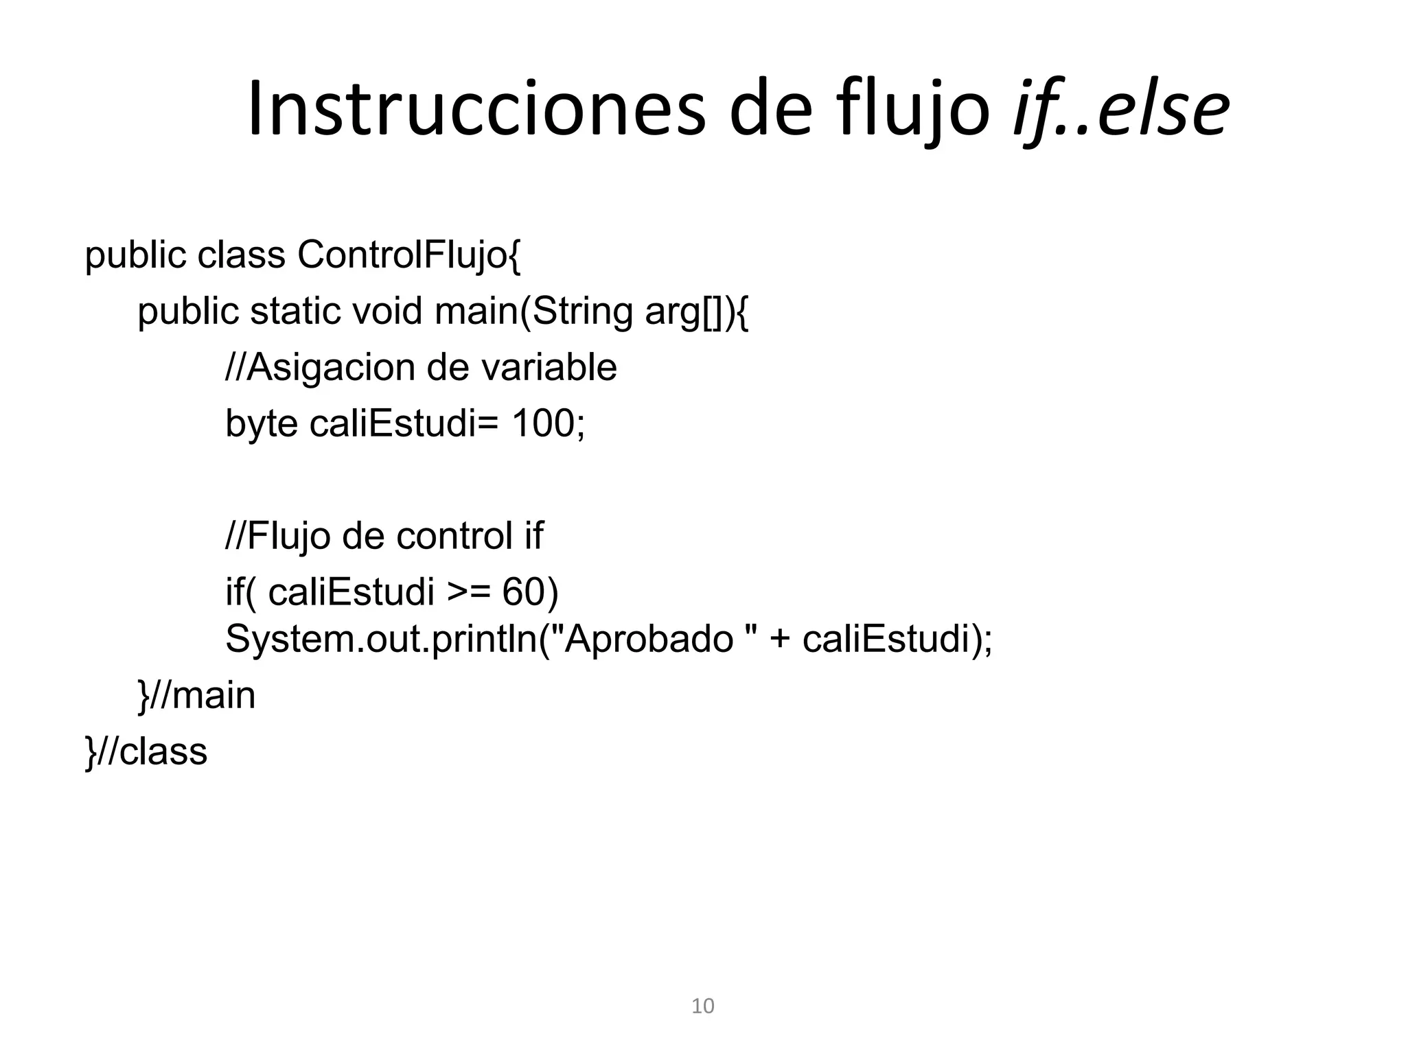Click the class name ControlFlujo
pyautogui.click(x=409, y=255)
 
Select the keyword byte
pyautogui.click(x=262, y=424)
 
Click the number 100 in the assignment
pyautogui.click(x=543, y=423)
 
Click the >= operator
pyautogui.click(x=469, y=592)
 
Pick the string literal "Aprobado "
pyautogui.click(x=649, y=639)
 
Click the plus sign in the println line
pyautogui.click(x=779, y=640)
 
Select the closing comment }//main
pyautogui.click(x=196, y=696)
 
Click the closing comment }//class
pyautogui.click(x=146, y=751)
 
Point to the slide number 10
pyautogui.click(x=702, y=1006)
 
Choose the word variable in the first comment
pyautogui.click(x=549, y=367)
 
